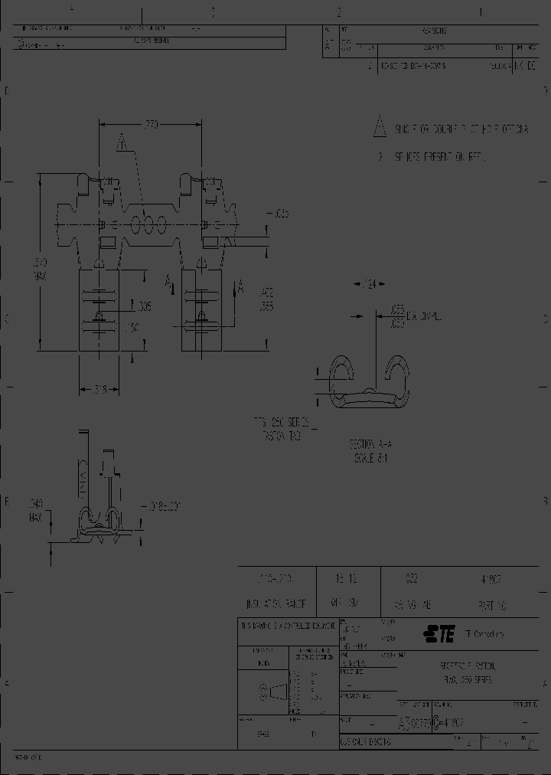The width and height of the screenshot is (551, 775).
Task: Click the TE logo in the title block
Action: click(439, 633)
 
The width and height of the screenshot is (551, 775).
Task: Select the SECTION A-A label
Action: click(370, 444)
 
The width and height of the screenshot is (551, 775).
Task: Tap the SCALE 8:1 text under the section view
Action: click(370, 457)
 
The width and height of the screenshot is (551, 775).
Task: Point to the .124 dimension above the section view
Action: click(369, 285)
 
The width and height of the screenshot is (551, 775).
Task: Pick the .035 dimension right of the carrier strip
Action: click(279, 214)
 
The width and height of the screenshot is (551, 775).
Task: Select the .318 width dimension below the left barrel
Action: click(99, 389)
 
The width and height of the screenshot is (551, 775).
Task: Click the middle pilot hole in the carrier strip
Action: click(147, 224)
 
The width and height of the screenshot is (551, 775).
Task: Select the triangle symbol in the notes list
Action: click(379, 127)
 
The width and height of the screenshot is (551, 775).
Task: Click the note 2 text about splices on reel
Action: click(440, 156)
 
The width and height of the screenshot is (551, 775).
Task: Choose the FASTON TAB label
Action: click(282, 435)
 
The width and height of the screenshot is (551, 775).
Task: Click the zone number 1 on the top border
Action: click(481, 11)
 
